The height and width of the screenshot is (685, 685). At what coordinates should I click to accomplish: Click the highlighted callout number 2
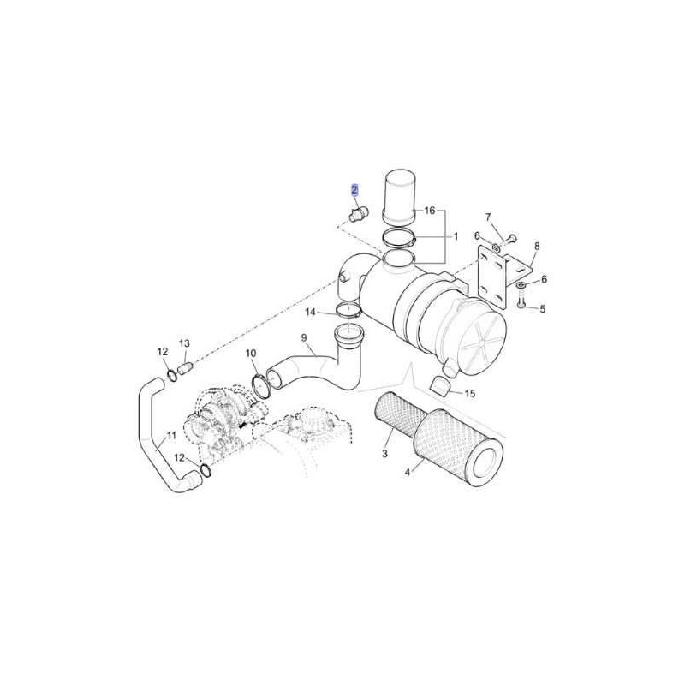(x=354, y=190)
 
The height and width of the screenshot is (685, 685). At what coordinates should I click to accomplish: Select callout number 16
(x=430, y=211)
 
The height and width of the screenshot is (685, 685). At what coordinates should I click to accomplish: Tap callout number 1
(x=456, y=237)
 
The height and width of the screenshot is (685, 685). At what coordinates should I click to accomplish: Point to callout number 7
(x=488, y=217)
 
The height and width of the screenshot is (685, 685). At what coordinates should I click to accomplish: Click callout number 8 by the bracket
(x=537, y=246)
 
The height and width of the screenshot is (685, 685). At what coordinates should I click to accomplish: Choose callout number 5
(x=543, y=309)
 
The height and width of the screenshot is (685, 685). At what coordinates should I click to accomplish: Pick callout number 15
(x=469, y=394)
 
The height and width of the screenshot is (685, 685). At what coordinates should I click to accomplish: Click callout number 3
(x=384, y=454)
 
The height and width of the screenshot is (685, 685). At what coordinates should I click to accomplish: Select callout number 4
(x=408, y=472)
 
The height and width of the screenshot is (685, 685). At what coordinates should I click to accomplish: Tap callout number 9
(x=304, y=337)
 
